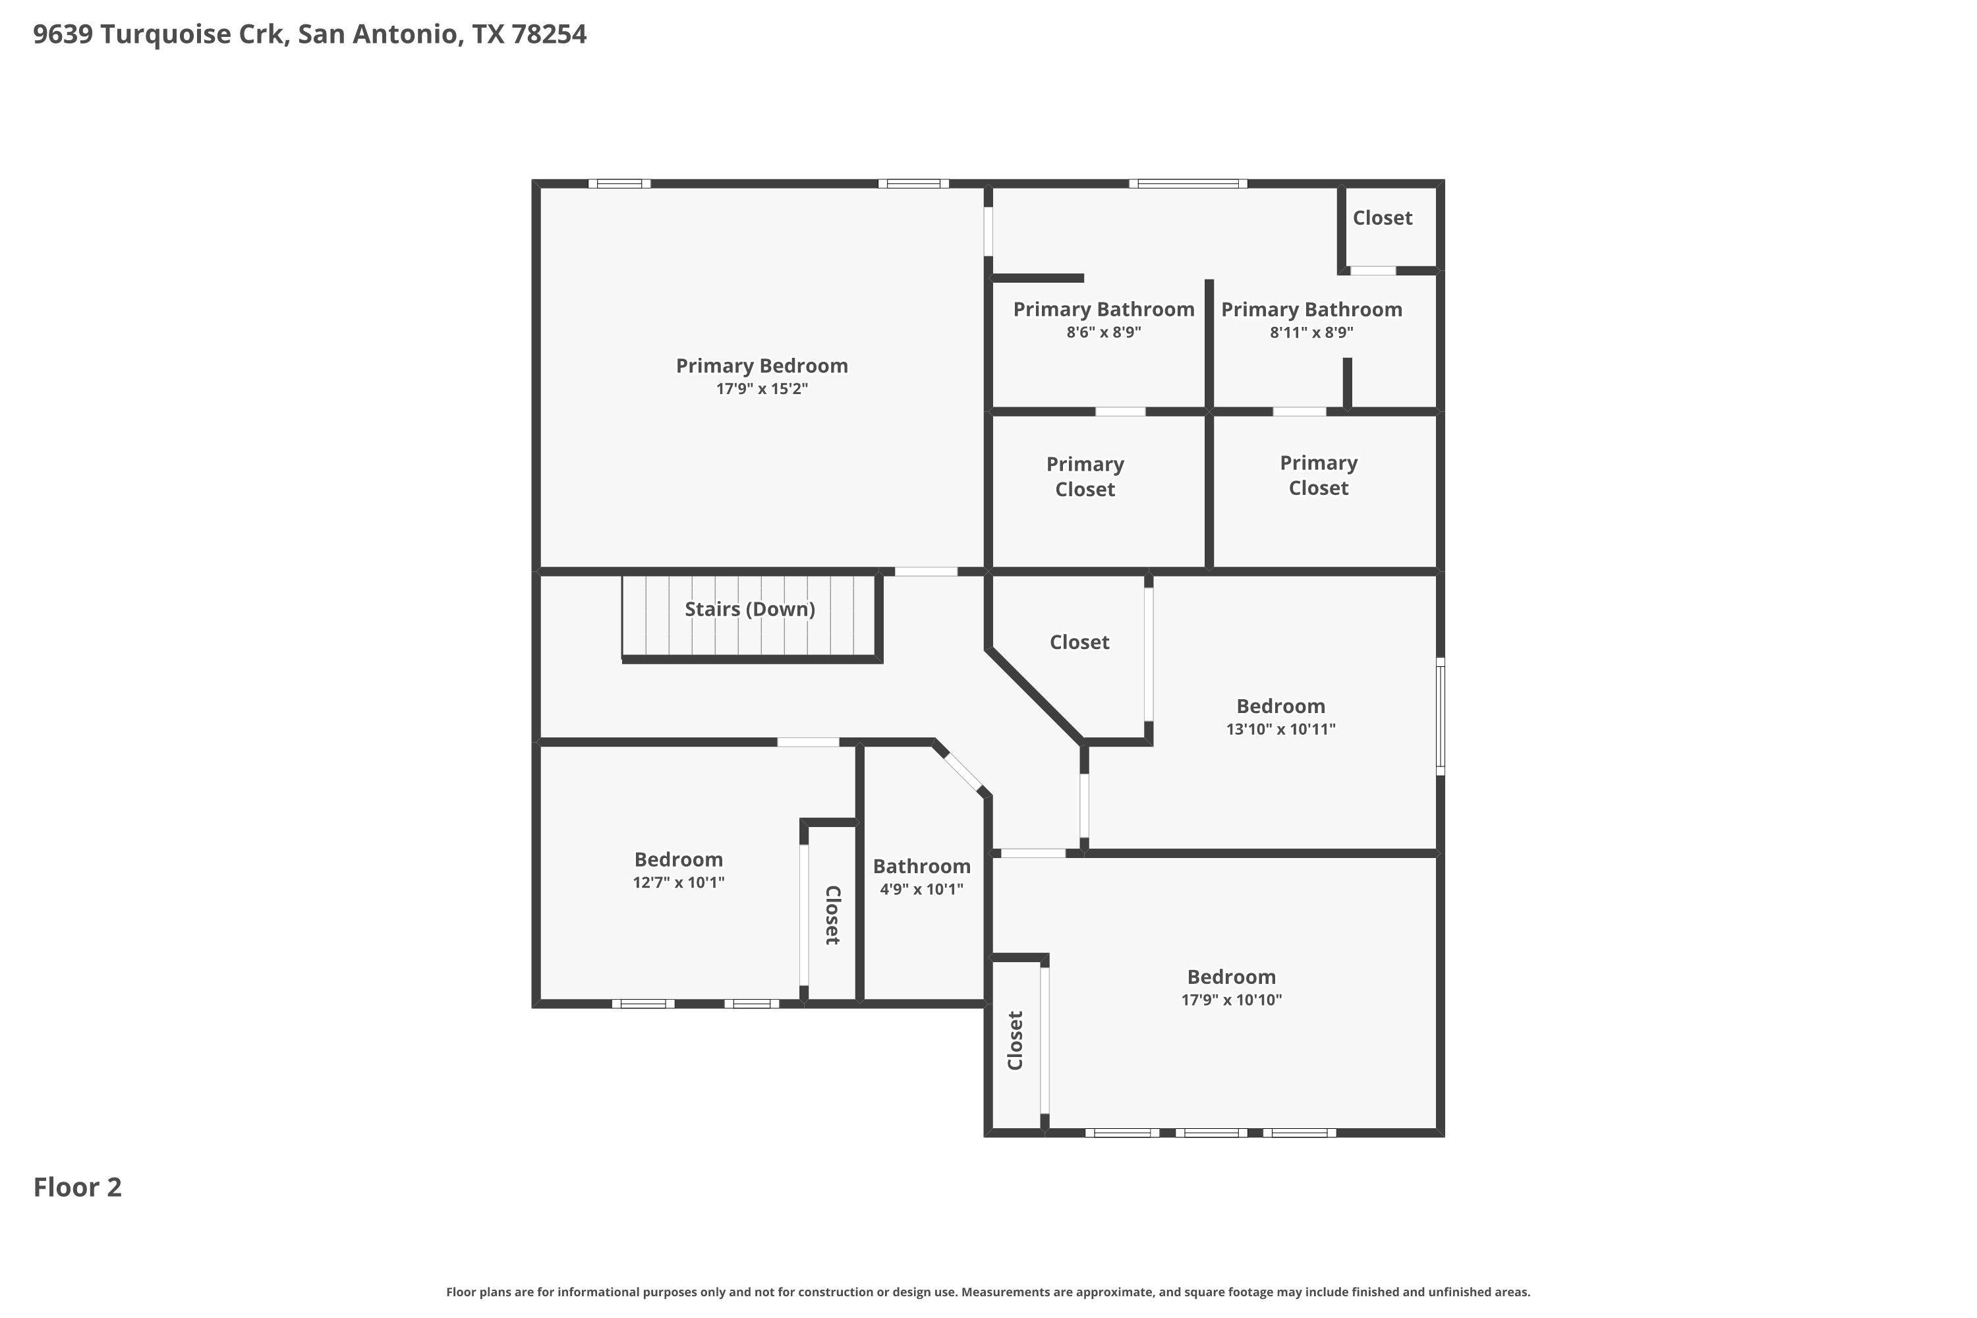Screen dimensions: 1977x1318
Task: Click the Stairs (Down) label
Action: coord(750,610)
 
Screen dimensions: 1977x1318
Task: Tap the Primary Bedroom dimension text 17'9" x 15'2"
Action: coord(762,389)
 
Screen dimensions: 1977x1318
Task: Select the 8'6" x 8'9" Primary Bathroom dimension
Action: coord(1104,332)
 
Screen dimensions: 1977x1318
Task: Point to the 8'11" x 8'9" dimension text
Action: coord(1311,332)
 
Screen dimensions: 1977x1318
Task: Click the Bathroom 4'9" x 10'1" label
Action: coord(921,876)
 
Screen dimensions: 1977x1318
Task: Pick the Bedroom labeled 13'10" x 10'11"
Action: coord(1280,717)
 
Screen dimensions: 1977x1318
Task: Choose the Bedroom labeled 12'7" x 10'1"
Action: coord(678,870)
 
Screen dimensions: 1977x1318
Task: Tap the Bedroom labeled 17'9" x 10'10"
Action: coord(1232,988)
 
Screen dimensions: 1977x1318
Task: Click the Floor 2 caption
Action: coord(77,1187)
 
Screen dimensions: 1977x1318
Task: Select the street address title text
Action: coord(309,34)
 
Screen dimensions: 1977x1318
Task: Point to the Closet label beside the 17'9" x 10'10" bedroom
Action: coord(1015,1041)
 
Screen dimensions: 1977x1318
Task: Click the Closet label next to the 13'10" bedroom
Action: coord(1079,642)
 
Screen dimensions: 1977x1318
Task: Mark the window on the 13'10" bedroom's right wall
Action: coord(1440,716)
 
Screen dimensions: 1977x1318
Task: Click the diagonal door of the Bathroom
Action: coord(963,772)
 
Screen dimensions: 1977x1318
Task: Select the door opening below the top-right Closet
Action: coord(1373,271)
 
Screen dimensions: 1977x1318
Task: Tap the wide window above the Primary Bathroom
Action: coord(1188,183)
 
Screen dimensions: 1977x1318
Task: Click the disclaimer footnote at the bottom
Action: coord(988,1292)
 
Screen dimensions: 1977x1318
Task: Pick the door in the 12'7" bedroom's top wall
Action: coord(808,742)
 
